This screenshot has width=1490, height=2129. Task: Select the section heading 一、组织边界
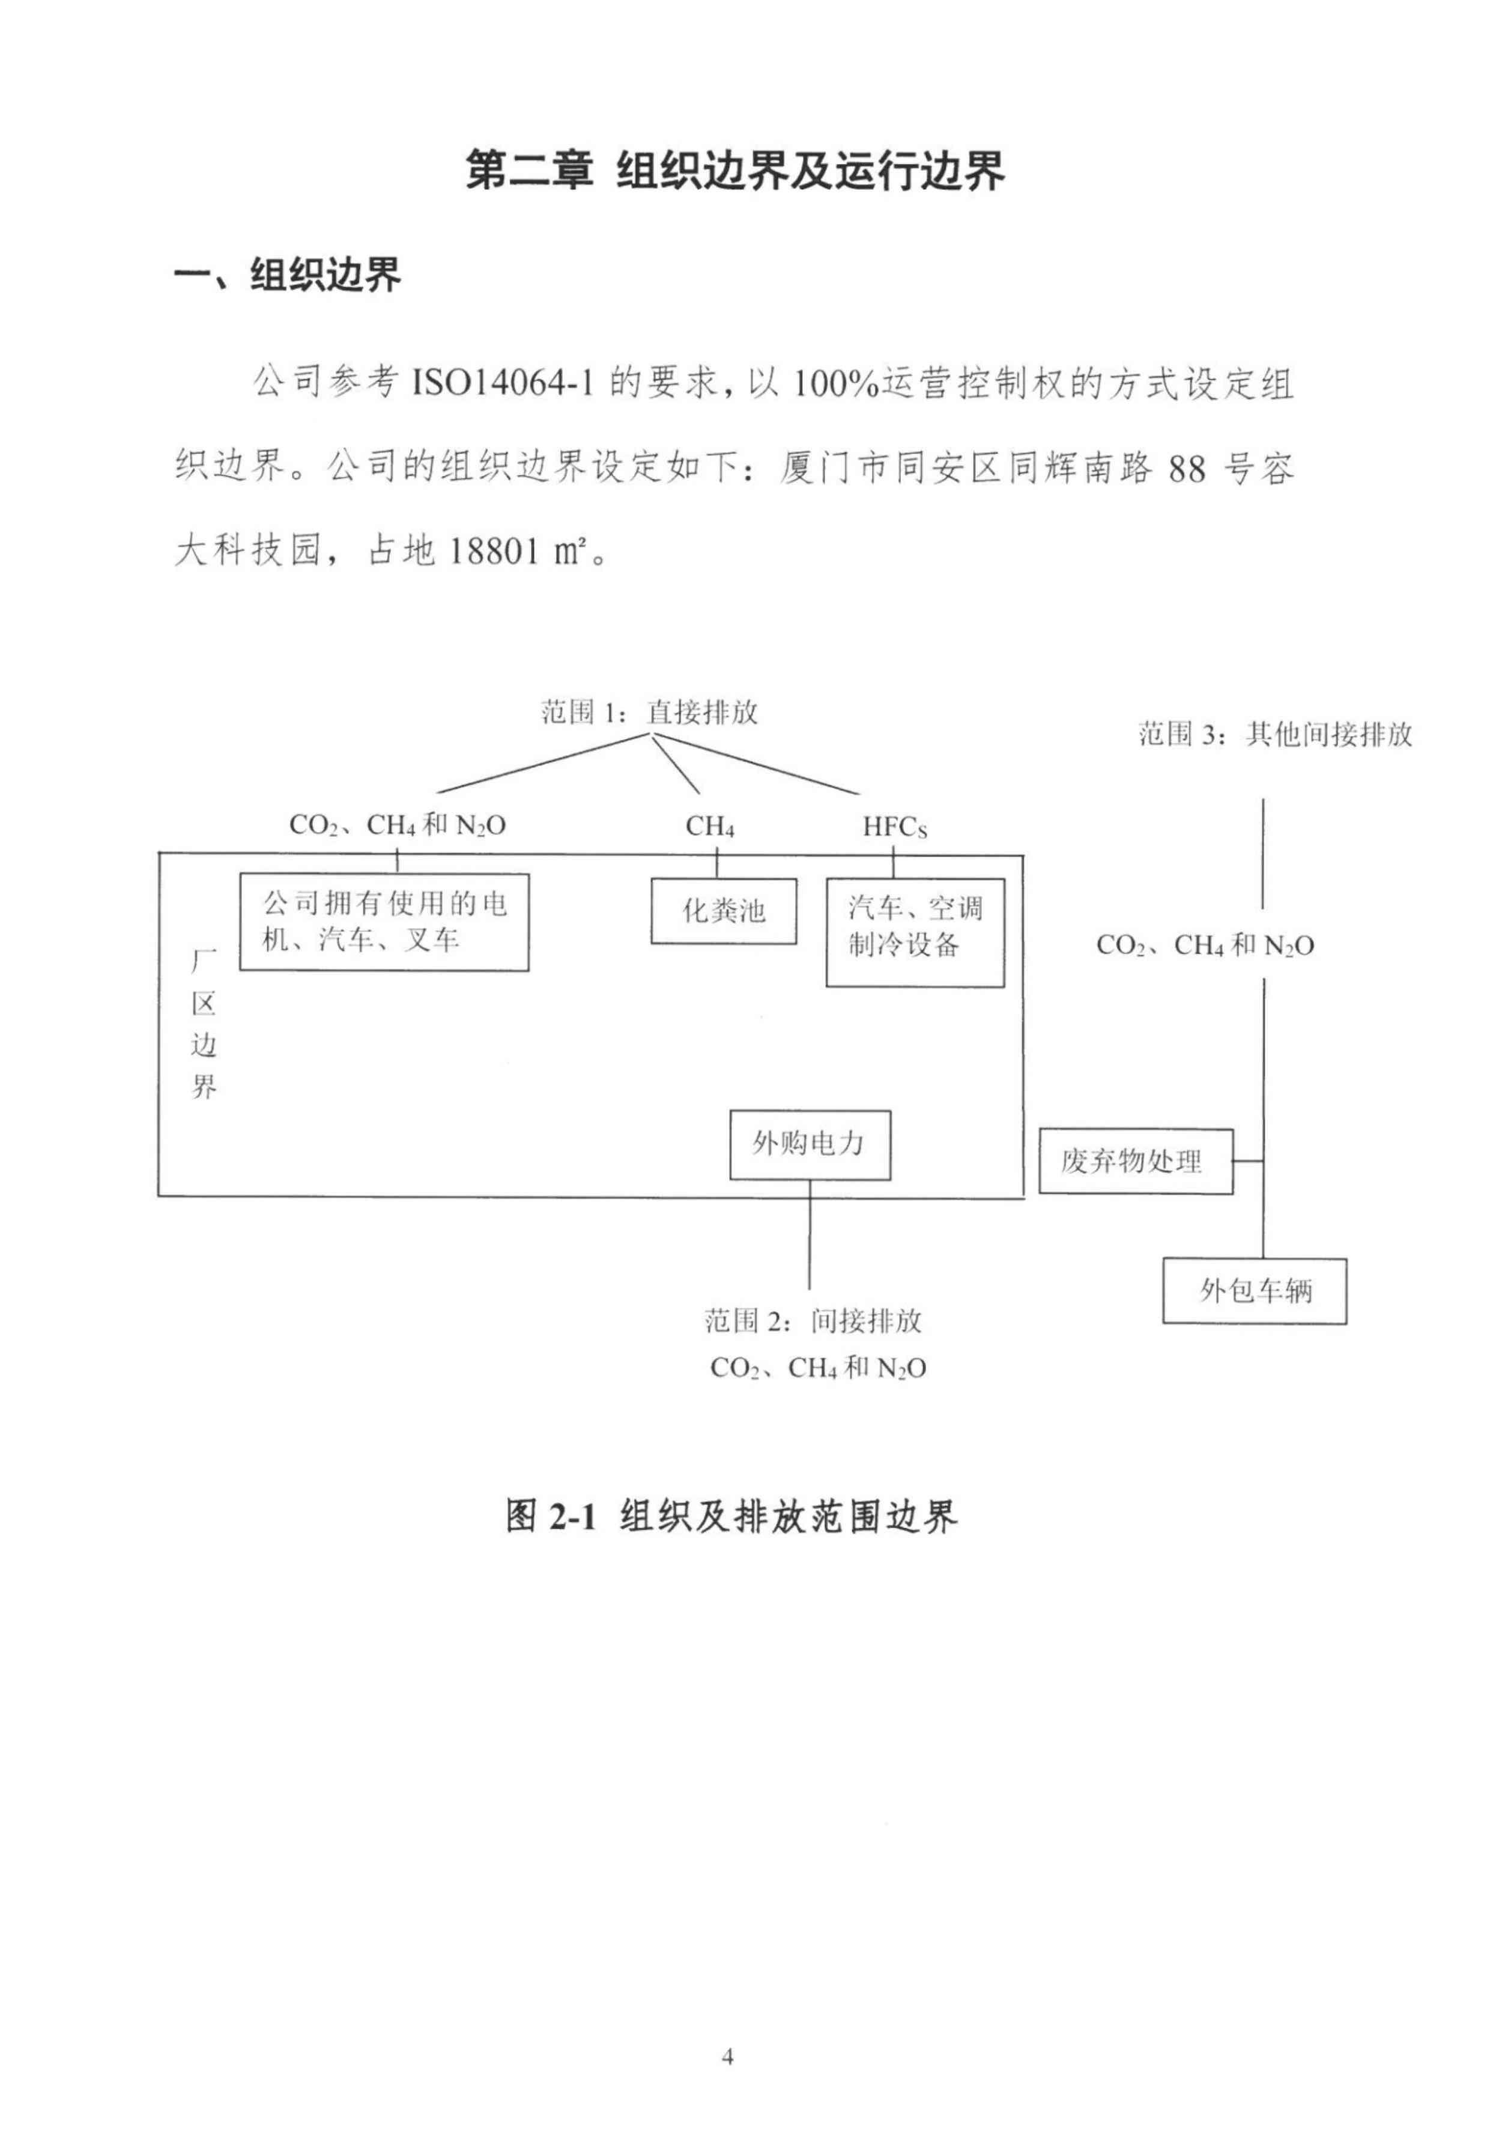pyautogui.click(x=288, y=275)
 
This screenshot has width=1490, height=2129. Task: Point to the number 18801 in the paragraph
pyautogui.click(x=495, y=551)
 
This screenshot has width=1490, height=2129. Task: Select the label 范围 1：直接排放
pyautogui.click(x=649, y=712)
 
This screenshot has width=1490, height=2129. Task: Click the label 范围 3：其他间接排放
pyautogui.click(x=1275, y=734)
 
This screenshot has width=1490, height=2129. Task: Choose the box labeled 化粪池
pyautogui.click(x=723, y=911)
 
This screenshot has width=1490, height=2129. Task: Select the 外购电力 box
pyautogui.click(x=810, y=1144)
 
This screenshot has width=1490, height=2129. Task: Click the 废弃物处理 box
pyautogui.click(x=1135, y=1161)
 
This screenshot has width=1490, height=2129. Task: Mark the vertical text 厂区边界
pyautogui.click(x=204, y=1023)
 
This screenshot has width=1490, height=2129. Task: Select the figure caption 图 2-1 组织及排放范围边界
pyautogui.click(x=731, y=1516)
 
